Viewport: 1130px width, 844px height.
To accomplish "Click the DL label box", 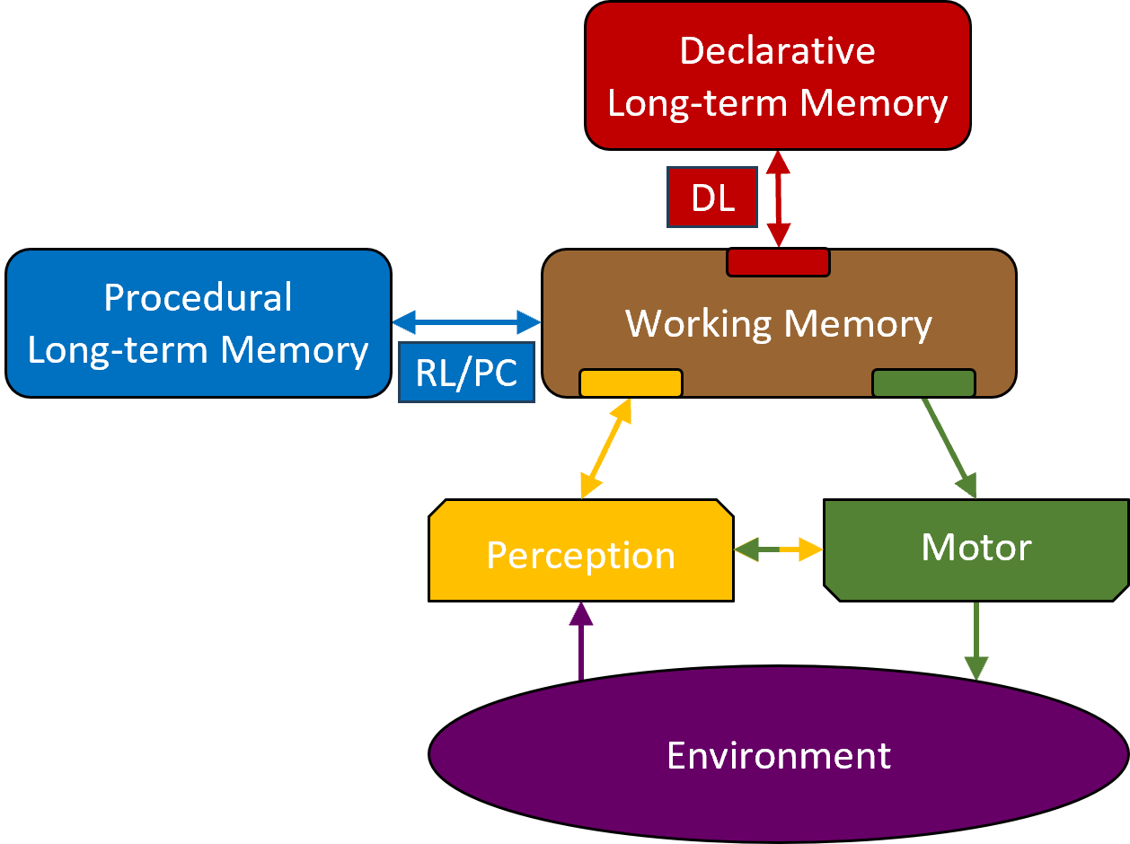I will [712, 198].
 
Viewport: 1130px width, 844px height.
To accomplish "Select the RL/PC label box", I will [467, 372].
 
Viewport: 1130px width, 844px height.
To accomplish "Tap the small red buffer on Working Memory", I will [778, 262].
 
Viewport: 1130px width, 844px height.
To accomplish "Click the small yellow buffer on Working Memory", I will [631, 383].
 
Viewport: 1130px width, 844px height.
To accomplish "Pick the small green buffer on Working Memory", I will [923, 383].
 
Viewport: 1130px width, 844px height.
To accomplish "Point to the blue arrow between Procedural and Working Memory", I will [467, 321].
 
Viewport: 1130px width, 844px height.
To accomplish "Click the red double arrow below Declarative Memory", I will [778, 198].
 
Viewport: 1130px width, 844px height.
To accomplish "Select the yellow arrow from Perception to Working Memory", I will [605, 448].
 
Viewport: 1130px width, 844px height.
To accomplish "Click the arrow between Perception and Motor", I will [778, 549].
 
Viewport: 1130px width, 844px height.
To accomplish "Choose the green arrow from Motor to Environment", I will [976, 641].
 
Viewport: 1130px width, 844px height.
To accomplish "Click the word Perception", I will [580, 556].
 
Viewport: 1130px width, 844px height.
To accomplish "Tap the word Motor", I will [976, 547].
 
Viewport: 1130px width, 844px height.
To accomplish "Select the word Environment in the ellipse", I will [778, 756].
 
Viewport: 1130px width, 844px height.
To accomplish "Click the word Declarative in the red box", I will [777, 50].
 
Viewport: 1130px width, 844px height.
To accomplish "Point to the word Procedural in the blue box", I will [198, 298].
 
